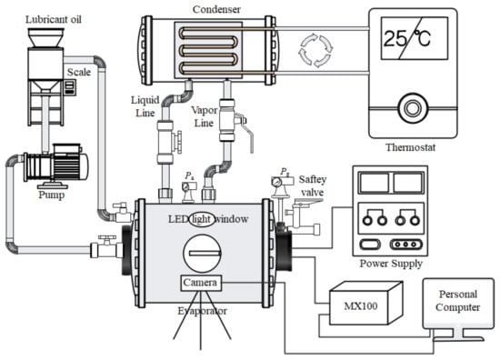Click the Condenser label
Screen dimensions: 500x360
tap(216, 9)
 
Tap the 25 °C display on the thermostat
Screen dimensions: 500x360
tap(415, 38)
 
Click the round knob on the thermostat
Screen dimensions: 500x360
tap(413, 108)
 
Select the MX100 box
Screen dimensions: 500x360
tap(365, 303)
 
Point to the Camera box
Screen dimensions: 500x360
tap(201, 283)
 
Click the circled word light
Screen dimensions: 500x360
tap(202, 219)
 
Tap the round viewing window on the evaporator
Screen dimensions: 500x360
tap(202, 254)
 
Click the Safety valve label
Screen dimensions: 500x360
tap(312, 185)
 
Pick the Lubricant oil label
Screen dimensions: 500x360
tap(54, 19)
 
